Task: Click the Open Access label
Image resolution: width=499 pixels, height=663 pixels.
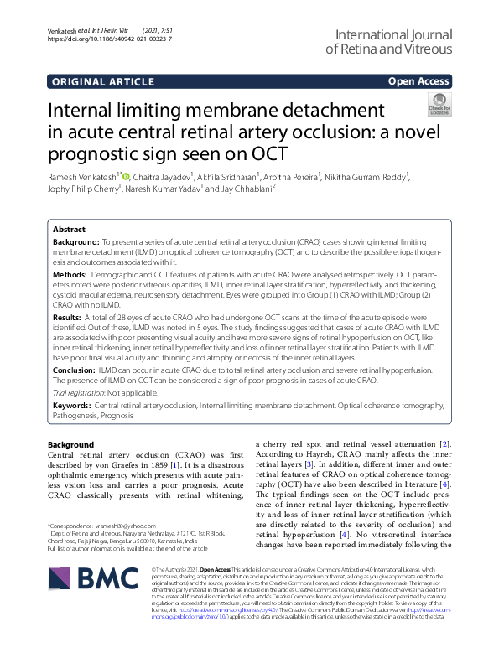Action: pyautogui.click(x=418, y=81)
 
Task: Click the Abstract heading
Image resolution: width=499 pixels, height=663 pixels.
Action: pyautogui.click(x=69, y=230)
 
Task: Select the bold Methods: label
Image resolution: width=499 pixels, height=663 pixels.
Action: pyautogui.click(x=69, y=274)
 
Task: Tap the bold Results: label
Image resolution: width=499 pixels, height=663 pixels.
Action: pyautogui.click(x=67, y=319)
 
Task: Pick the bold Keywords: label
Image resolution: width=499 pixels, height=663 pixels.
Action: pyautogui.click(x=71, y=405)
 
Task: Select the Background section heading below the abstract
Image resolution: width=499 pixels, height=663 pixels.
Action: pyautogui.click(x=71, y=444)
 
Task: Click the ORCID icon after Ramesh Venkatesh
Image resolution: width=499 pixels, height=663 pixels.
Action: pyautogui.click(x=126, y=176)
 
